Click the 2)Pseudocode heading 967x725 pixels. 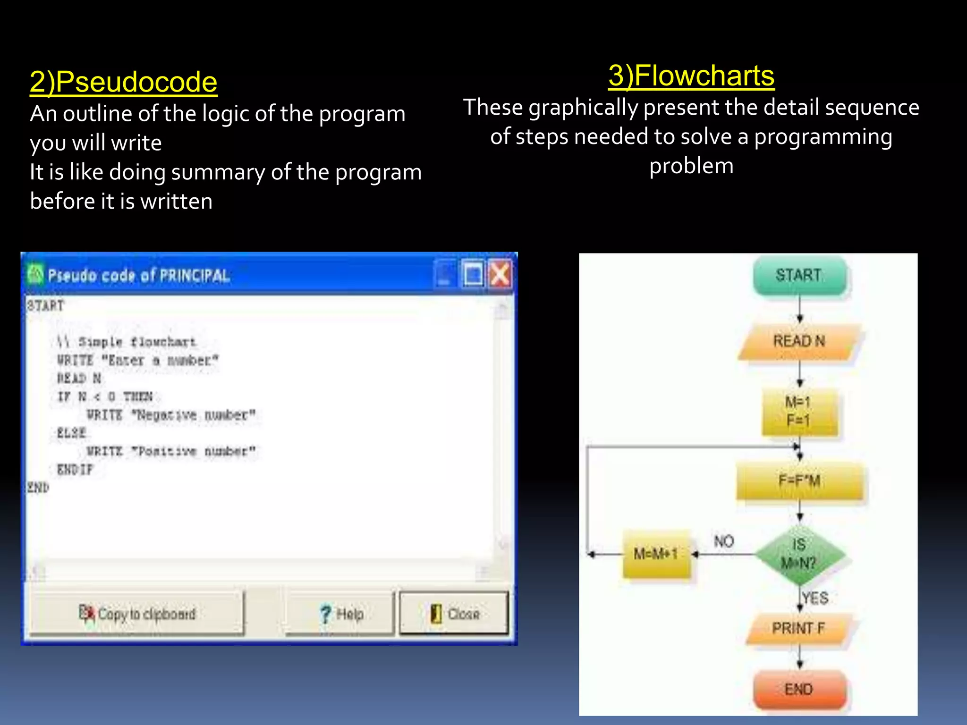click(123, 82)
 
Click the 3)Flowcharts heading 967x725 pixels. click(691, 76)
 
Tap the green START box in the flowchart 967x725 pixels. click(799, 276)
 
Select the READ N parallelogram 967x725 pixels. click(799, 341)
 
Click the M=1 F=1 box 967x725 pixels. click(799, 411)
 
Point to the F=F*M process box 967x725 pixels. click(799, 481)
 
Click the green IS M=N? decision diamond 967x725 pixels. click(799, 554)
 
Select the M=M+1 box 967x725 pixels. click(656, 554)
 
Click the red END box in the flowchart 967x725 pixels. click(799, 689)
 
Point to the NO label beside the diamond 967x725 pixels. click(724, 541)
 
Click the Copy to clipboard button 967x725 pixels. click(137, 614)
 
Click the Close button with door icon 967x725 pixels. click(454, 614)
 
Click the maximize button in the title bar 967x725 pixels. click(473, 274)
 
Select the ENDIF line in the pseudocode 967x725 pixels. click(75, 470)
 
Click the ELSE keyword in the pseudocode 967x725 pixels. click(71, 433)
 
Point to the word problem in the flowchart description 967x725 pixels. click(691, 166)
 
